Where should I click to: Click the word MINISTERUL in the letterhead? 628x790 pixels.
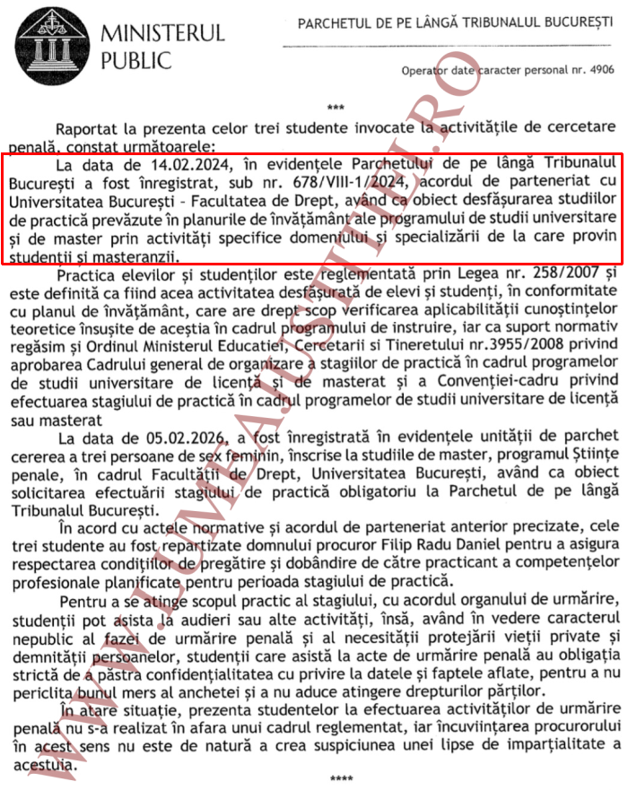pos(162,34)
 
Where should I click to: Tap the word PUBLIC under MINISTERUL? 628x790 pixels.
pos(135,61)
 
